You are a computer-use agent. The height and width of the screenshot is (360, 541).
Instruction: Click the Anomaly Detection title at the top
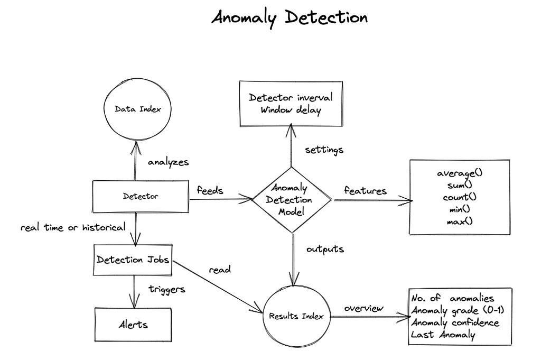click(x=289, y=17)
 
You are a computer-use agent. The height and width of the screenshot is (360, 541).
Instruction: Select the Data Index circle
click(x=137, y=109)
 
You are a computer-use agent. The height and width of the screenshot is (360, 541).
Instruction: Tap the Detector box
click(x=141, y=196)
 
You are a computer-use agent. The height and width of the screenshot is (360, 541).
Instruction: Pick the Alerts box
click(x=133, y=324)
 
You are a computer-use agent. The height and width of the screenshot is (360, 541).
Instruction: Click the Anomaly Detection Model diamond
click(x=292, y=200)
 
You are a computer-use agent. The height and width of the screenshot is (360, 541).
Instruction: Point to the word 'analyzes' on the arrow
click(x=168, y=162)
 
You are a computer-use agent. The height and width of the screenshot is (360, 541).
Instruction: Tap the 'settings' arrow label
click(x=324, y=150)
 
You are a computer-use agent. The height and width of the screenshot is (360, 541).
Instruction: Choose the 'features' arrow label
click(x=365, y=190)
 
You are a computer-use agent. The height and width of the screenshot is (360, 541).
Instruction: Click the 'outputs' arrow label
click(x=325, y=248)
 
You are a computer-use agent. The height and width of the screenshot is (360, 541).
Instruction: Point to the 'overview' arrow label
click(x=364, y=308)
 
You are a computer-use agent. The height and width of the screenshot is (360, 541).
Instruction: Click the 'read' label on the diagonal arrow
click(x=220, y=270)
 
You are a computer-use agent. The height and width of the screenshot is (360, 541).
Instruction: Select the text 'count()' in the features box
click(x=460, y=197)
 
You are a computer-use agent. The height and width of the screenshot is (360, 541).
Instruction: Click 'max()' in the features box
click(x=460, y=220)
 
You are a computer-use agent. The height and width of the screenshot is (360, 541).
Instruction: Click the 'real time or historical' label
click(x=73, y=227)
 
